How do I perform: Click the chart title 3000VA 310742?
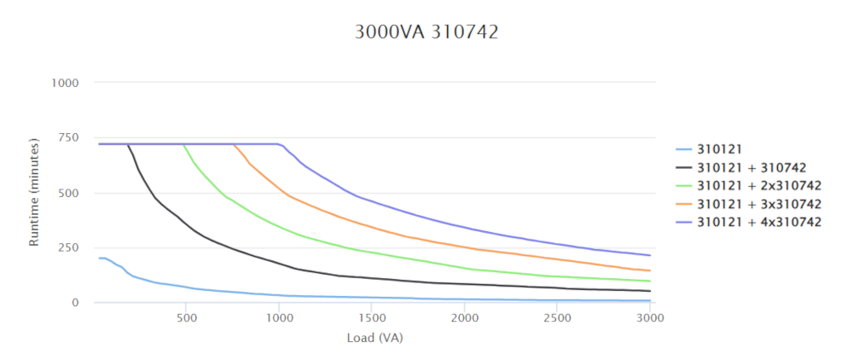click(x=426, y=33)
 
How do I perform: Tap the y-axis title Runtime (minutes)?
click(x=35, y=191)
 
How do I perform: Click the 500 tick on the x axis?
click(x=187, y=317)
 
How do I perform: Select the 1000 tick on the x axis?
click(x=279, y=317)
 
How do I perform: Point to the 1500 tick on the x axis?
click(x=371, y=317)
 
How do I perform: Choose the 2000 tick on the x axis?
click(x=464, y=317)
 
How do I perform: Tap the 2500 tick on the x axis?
click(x=556, y=317)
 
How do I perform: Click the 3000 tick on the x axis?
click(x=649, y=317)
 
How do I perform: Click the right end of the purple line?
click(x=650, y=255)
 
